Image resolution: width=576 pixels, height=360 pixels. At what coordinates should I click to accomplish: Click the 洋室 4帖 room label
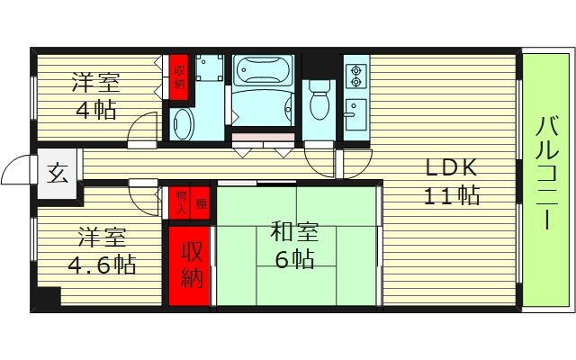click(94, 96)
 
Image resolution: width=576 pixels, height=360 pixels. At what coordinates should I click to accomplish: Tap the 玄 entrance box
click(56, 172)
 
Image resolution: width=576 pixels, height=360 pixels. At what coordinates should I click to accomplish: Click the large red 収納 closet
click(191, 265)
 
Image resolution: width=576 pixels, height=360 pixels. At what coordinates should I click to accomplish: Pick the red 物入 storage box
click(180, 202)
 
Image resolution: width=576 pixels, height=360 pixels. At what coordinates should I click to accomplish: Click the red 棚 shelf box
click(201, 202)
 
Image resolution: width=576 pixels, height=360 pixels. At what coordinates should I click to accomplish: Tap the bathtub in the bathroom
click(263, 83)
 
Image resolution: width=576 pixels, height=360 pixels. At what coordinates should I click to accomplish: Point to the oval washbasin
click(182, 124)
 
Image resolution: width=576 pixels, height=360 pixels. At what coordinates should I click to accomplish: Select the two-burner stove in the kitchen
click(355, 74)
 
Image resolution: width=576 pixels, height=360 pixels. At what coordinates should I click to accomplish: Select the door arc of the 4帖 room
click(141, 130)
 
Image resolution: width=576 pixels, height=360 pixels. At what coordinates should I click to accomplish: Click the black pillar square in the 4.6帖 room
click(48, 296)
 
